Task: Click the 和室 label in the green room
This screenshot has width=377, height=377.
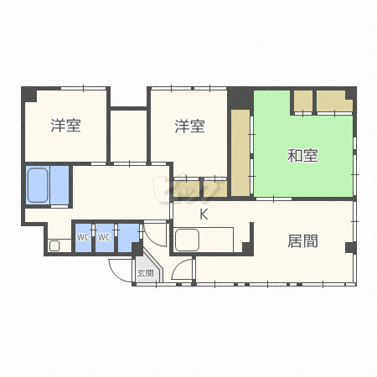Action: click(x=302, y=155)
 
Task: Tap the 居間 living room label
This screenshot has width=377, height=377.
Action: click(x=302, y=242)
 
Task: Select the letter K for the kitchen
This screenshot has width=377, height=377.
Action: click(x=204, y=215)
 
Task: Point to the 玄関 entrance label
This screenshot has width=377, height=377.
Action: click(x=145, y=273)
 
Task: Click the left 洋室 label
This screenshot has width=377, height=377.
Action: click(x=65, y=127)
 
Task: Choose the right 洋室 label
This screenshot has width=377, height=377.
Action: click(x=189, y=127)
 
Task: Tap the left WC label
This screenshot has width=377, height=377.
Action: click(x=83, y=237)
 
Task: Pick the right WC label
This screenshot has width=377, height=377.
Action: click(x=104, y=237)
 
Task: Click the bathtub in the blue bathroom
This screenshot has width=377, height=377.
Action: click(x=37, y=185)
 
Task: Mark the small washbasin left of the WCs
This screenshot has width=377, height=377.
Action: click(x=54, y=245)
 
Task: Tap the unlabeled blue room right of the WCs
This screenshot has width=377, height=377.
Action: click(x=127, y=237)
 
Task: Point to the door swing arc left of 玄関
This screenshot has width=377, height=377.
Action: click(x=120, y=268)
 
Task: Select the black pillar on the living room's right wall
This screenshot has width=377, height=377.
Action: click(x=349, y=247)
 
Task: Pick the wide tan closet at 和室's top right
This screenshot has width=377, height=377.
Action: click(x=334, y=101)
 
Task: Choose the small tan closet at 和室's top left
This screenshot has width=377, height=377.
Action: click(x=302, y=101)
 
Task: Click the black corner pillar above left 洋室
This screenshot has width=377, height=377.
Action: click(x=28, y=93)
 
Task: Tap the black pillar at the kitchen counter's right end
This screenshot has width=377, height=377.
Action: click(x=246, y=248)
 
